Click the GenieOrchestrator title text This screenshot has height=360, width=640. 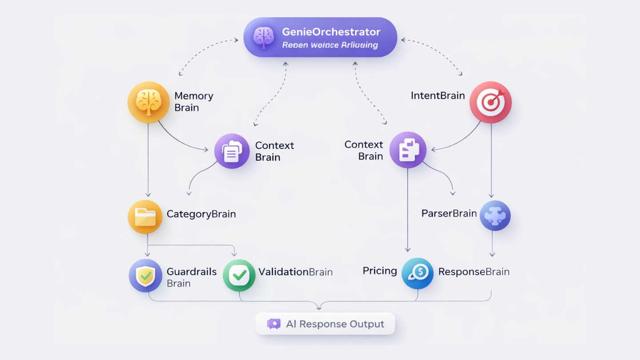(331, 32)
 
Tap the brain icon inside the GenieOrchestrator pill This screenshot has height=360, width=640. (264, 37)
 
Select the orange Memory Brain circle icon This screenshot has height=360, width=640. (148, 102)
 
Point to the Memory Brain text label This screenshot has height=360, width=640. (193, 102)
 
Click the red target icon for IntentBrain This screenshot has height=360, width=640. (491, 102)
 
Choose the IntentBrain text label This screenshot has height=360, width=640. (438, 96)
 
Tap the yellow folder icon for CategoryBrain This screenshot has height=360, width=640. (145, 217)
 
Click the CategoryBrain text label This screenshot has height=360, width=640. (201, 214)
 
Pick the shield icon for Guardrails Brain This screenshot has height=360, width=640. (145, 276)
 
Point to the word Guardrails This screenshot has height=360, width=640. (192, 272)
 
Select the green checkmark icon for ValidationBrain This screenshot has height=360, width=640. (239, 276)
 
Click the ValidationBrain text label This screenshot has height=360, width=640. (295, 272)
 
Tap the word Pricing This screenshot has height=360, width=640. (380, 271)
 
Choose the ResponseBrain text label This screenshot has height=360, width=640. (474, 272)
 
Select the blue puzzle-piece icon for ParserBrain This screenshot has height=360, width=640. (495, 216)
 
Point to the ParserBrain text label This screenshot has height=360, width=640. (449, 213)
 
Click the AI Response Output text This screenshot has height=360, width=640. (335, 324)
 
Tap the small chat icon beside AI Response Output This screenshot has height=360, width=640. (274, 324)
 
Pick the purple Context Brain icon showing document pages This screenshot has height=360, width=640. (232, 151)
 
